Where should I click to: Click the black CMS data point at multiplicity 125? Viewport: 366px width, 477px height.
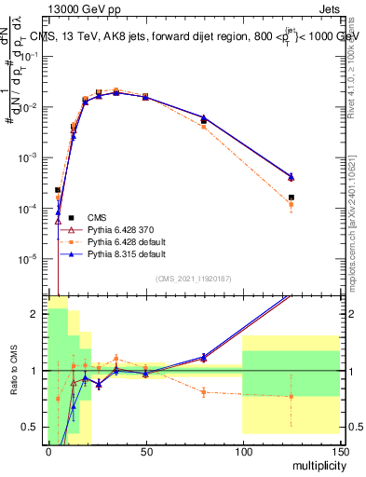(291, 198)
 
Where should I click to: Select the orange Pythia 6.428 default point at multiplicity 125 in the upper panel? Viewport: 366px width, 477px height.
(291, 204)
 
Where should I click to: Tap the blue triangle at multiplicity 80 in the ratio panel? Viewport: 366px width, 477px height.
(204, 357)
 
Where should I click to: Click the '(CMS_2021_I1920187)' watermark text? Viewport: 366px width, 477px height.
(193, 279)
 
